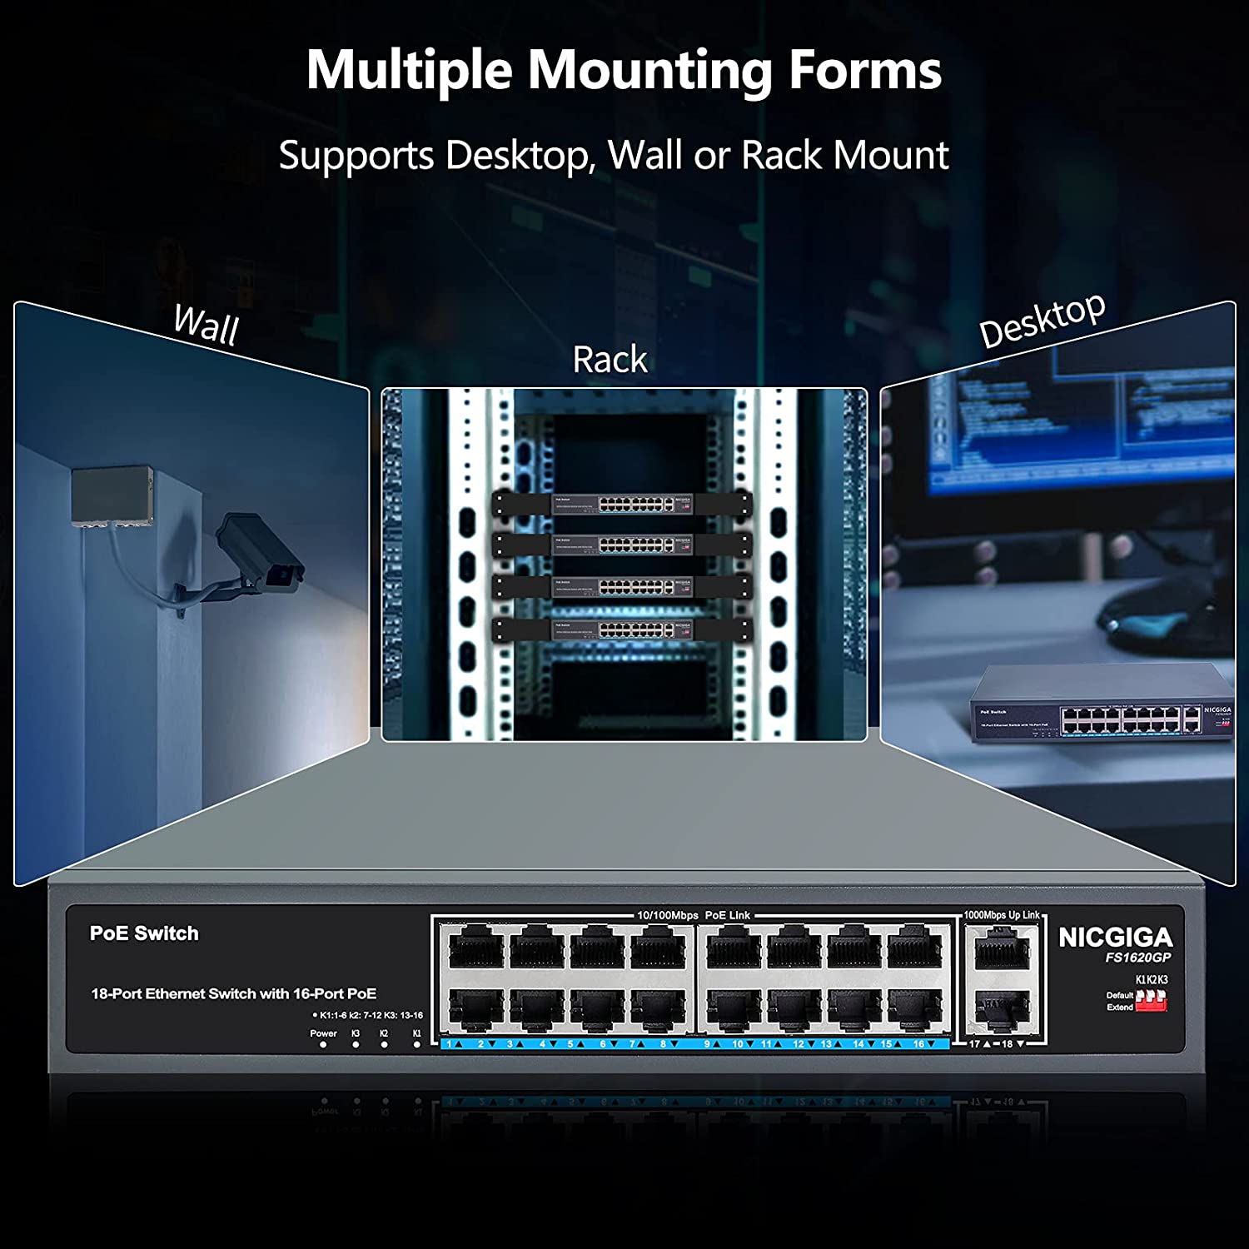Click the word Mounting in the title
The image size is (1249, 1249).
(x=650, y=71)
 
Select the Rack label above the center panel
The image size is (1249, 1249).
(x=610, y=360)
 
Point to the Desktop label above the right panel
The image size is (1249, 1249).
(x=1042, y=321)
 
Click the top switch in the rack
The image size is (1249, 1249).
(x=623, y=503)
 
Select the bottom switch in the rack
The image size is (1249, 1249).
(x=623, y=629)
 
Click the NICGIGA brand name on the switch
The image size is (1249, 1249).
(x=1115, y=938)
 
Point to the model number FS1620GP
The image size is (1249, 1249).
(x=1137, y=958)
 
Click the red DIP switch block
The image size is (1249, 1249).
(x=1151, y=1001)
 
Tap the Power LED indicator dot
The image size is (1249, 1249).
(x=323, y=1044)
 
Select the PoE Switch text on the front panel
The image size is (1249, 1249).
(x=144, y=933)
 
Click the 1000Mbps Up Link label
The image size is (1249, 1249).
(x=1002, y=915)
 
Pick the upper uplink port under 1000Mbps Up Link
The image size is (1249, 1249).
(x=1002, y=948)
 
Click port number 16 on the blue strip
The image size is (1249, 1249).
(x=918, y=1043)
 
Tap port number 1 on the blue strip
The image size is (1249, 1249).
(x=449, y=1043)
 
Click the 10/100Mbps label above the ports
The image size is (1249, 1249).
(x=667, y=915)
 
